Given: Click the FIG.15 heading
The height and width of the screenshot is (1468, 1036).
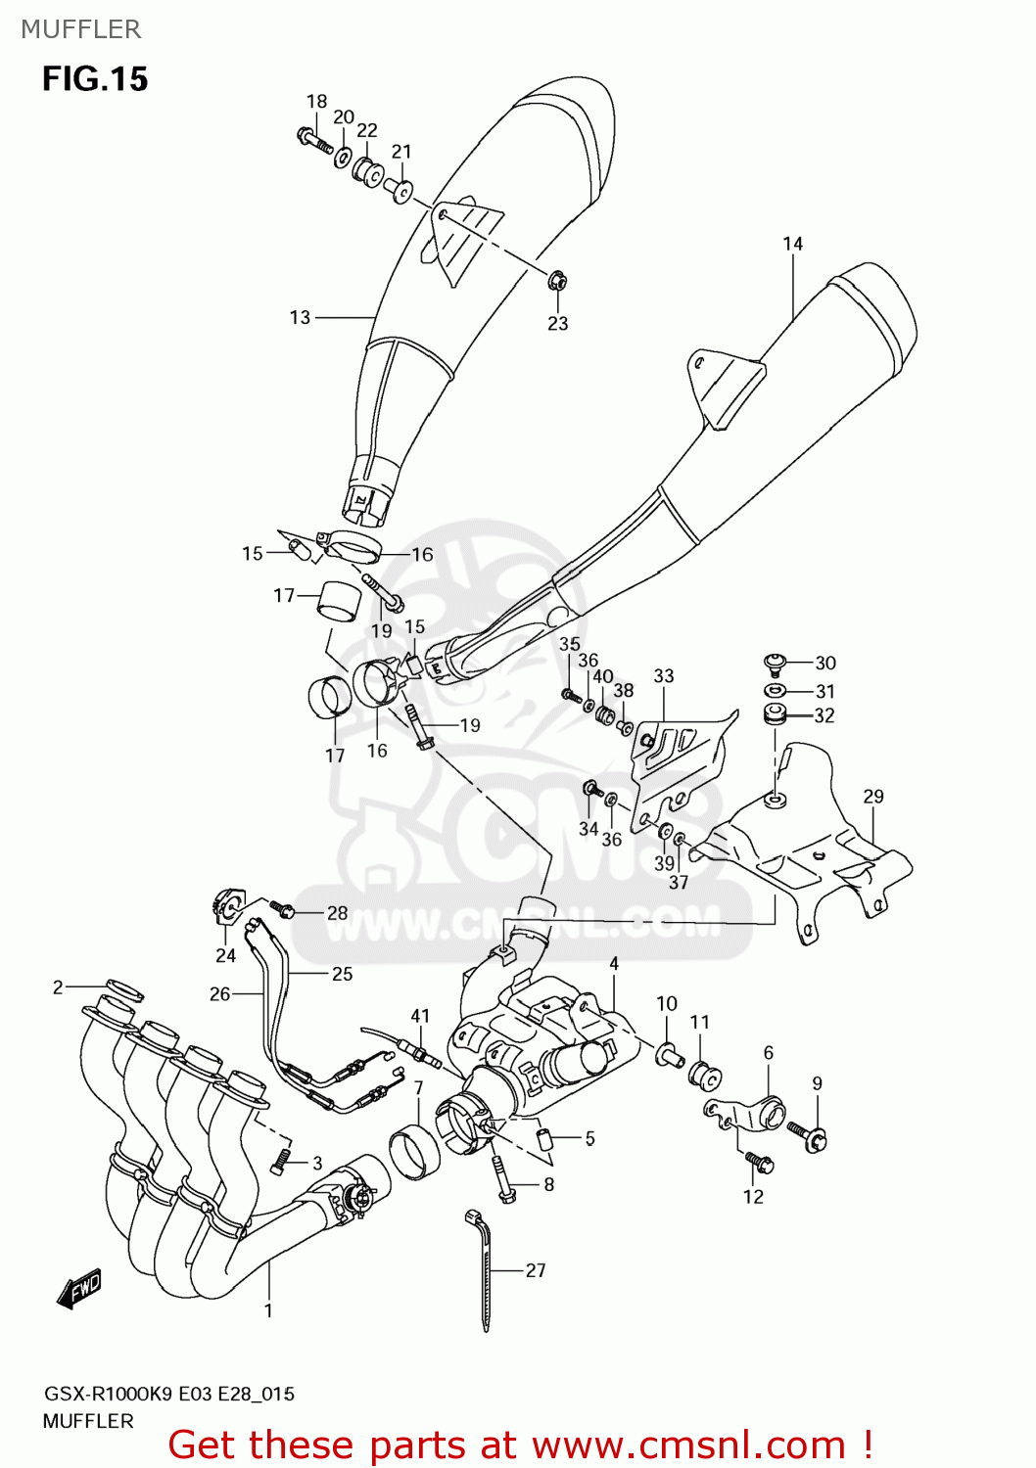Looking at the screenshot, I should [95, 79].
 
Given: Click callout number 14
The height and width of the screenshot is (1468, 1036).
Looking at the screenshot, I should [792, 244].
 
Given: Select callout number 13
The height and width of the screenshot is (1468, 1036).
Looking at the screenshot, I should [300, 317].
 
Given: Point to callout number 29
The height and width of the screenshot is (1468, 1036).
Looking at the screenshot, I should [872, 797].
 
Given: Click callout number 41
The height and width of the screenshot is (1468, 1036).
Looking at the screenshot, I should [420, 1016].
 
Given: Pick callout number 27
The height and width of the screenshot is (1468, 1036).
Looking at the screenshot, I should [536, 1270].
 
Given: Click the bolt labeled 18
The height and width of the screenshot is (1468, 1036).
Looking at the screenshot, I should [313, 139].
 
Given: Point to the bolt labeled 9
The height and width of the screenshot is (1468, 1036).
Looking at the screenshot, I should [814, 1136].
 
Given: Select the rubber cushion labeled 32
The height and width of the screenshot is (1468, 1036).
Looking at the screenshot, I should [777, 712].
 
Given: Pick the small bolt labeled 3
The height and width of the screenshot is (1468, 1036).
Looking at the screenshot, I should [281, 1161].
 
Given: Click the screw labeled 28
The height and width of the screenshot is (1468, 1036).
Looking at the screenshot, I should [283, 910].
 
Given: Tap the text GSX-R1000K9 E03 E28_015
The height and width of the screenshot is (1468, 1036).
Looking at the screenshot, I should [168, 1394].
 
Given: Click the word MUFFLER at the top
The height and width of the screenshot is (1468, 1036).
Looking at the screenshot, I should [81, 29].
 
